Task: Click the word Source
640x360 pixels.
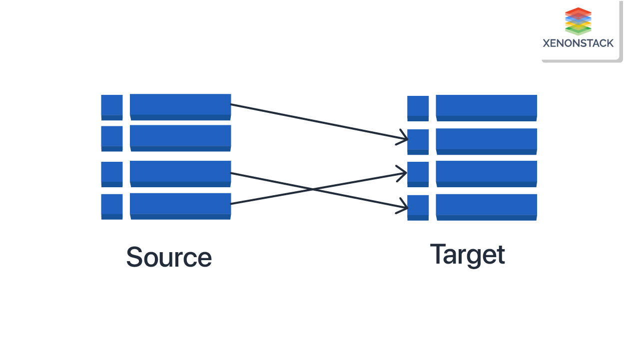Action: (169, 257)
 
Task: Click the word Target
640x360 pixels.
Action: (467, 254)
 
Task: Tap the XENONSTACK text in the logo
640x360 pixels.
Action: (578, 43)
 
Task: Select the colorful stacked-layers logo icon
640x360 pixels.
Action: (578, 21)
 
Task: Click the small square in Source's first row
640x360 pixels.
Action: (112, 107)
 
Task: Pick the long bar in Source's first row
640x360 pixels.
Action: (180, 106)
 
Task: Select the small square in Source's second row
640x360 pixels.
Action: (112, 138)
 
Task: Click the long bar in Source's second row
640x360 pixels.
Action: (180, 137)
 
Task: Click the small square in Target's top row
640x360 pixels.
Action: (418, 108)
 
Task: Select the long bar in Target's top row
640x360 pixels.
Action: (486, 107)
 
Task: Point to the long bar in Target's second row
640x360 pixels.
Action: (486, 141)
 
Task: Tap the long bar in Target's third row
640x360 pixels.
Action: (486, 173)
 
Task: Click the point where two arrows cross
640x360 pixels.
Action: (313, 189)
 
